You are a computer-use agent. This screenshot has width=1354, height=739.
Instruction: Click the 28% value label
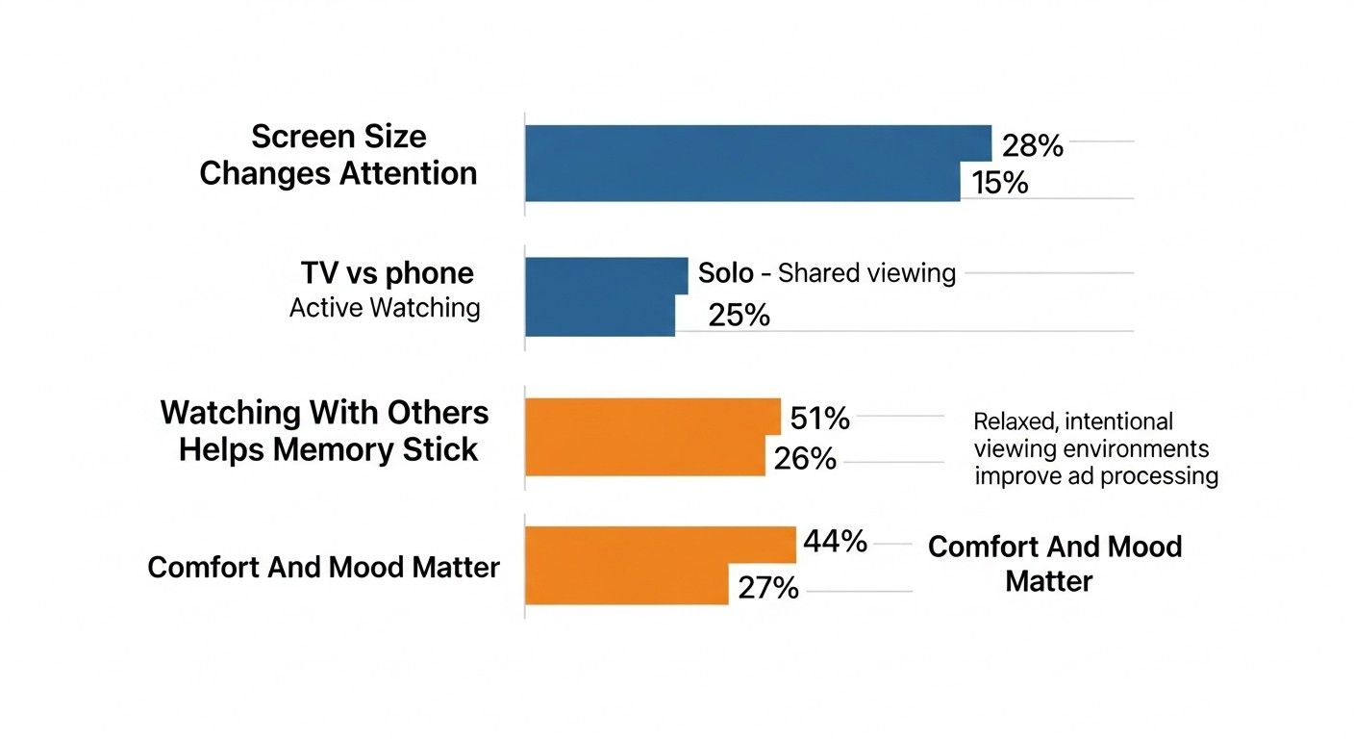pos(1032,146)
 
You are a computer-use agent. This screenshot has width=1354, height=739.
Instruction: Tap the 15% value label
pos(999,182)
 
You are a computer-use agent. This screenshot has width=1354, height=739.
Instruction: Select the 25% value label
pos(739,315)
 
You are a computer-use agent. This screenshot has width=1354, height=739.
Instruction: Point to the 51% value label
pos(819,419)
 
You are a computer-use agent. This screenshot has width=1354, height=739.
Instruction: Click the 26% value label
pos(804,459)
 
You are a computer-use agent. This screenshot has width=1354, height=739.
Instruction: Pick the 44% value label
pos(835,542)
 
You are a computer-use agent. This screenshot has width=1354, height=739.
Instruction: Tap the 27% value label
pos(767,588)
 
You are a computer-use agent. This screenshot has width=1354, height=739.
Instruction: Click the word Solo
pos(726,273)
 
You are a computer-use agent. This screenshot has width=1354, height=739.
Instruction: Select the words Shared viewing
pos(866,273)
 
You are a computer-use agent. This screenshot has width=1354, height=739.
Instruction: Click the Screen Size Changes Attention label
pos(338,155)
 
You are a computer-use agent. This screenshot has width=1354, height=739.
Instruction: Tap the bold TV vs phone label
pos(387,273)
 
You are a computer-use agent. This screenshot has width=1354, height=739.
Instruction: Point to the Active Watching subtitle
pos(385,308)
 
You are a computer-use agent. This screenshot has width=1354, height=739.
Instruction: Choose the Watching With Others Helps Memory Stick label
pos(325,431)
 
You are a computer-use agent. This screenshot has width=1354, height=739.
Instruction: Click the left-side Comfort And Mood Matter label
pos(323,567)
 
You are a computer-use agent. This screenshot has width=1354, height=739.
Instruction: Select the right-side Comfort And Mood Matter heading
pos(1054,564)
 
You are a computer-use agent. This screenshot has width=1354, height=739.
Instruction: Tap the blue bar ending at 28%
pos(757,143)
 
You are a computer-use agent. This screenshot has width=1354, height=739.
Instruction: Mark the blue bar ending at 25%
pos(600,316)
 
